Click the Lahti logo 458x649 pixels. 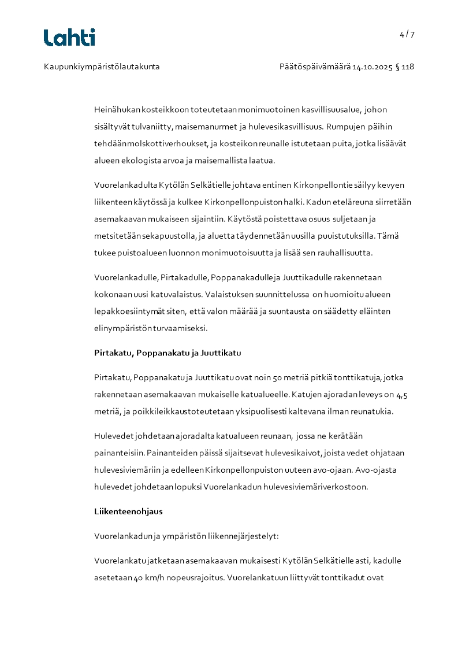69,38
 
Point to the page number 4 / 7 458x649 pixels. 407,34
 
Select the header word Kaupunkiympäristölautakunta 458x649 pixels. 102,66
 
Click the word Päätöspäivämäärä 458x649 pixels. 315,66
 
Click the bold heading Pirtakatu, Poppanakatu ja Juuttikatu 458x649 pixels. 167,353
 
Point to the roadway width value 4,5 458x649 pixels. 406,395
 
